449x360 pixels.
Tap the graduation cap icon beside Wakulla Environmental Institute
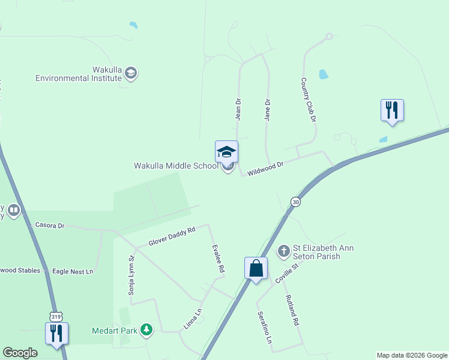click(x=131, y=74)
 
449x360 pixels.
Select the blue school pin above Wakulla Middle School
click(x=226, y=152)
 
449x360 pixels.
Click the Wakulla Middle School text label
click(x=176, y=166)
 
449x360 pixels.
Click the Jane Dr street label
click(x=268, y=110)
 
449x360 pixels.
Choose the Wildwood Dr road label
click(x=265, y=167)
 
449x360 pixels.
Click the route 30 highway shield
click(x=295, y=202)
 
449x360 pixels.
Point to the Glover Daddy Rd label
click(x=172, y=237)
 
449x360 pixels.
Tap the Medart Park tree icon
click(x=146, y=329)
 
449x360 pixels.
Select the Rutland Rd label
click(x=292, y=312)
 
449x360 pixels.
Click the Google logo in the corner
click(x=20, y=353)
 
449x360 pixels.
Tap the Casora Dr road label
click(x=50, y=226)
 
